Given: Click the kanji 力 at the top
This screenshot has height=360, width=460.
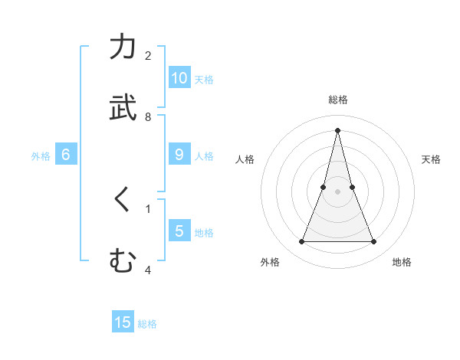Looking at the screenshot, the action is (x=123, y=47).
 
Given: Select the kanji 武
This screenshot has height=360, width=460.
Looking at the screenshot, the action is (x=123, y=107).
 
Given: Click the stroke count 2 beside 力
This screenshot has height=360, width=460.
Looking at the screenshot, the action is (x=148, y=56).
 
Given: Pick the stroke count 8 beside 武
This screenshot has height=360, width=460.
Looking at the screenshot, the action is (x=148, y=116).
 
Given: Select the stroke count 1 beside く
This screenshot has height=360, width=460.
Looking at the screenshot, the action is (x=148, y=208).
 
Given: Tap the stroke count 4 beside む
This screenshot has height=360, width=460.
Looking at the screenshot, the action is (x=148, y=270).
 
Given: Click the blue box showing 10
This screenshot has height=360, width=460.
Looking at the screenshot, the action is (x=179, y=78).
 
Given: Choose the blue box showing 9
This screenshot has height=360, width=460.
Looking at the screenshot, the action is (x=179, y=155).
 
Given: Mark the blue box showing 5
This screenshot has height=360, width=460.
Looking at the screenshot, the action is (x=179, y=231).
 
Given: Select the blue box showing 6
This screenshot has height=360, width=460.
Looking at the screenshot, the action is (x=66, y=155).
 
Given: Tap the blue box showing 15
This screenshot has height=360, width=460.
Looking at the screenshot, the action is (x=123, y=322).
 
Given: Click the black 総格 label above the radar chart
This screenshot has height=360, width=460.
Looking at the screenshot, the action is (x=337, y=100).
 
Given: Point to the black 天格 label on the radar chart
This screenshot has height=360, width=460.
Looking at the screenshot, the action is (x=431, y=159).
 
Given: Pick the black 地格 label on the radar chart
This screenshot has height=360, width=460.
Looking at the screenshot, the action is (x=402, y=262).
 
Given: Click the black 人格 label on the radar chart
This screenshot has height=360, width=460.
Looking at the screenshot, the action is (x=245, y=159).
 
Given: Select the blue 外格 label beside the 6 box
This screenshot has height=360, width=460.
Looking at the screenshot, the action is (x=41, y=155).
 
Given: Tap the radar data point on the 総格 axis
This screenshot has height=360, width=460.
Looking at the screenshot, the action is (x=337, y=129).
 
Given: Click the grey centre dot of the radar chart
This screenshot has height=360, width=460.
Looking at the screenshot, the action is (x=337, y=191).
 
